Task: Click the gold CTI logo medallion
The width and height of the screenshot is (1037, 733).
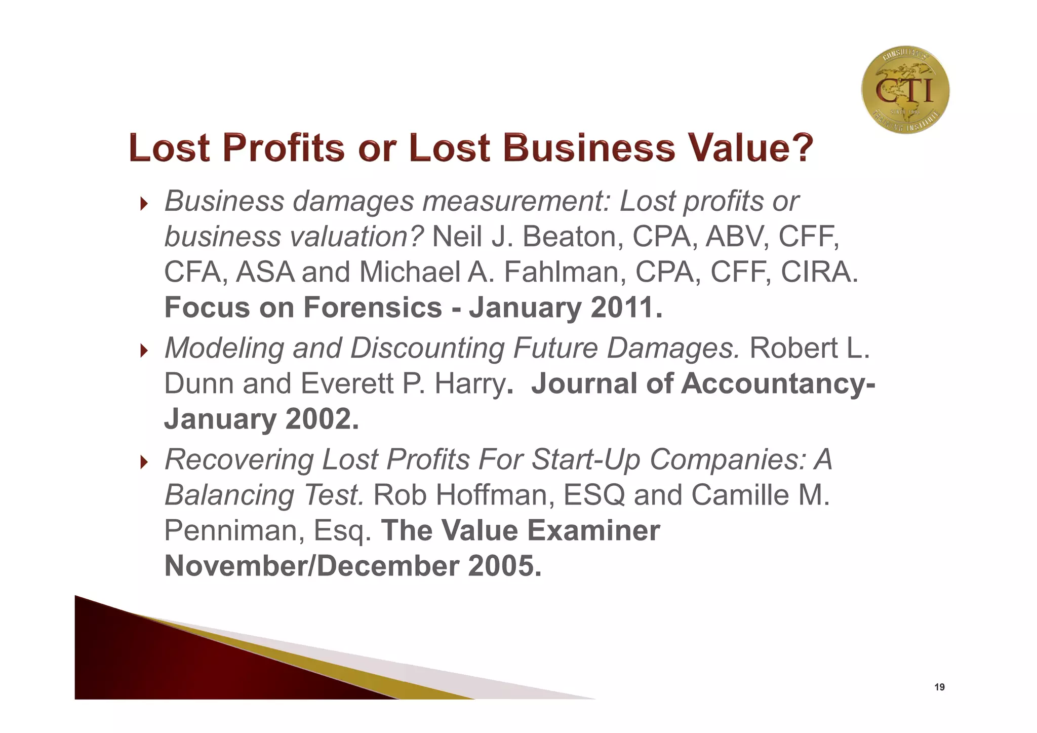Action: pos(905,90)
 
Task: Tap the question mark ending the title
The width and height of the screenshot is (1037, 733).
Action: pos(800,147)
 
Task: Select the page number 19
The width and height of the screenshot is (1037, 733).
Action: pos(939,687)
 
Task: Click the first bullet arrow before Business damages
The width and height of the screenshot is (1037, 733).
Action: pos(144,204)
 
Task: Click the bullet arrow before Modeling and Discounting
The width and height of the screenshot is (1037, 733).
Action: pos(144,351)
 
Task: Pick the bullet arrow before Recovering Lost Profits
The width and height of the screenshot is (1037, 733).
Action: pos(144,462)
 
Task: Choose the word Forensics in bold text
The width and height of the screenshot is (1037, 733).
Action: pos(373,307)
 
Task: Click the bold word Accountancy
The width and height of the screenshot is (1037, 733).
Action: pos(774,383)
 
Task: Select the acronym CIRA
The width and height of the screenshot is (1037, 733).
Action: pos(819,272)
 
